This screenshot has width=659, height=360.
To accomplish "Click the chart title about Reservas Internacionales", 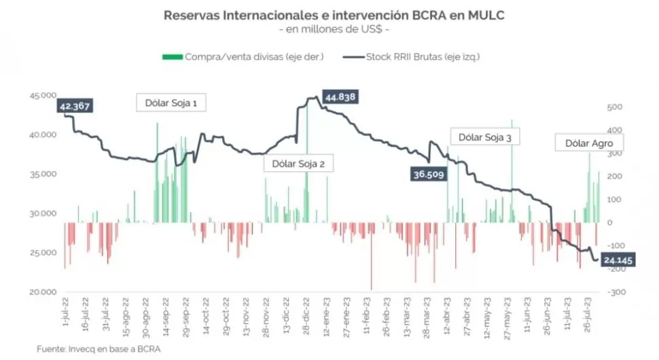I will tap(329, 14).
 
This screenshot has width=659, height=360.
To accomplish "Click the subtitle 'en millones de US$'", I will tap(329, 29).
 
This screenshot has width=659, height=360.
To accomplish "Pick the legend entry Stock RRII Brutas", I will tap(414, 56).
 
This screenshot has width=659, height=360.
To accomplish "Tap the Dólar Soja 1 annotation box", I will tap(172, 103).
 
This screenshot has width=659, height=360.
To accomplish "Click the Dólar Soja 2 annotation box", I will tap(299, 164).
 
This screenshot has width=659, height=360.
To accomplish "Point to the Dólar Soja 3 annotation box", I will tap(485, 138).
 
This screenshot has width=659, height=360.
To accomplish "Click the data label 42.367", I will tap(75, 106).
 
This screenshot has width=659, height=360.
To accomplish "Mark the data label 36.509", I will tap(428, 174).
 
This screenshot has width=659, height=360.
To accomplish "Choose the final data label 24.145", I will tap(618, 259).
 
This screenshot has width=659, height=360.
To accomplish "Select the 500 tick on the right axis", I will tap(614, 107).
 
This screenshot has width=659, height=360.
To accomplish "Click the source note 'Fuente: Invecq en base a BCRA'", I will tap(99, 349).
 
